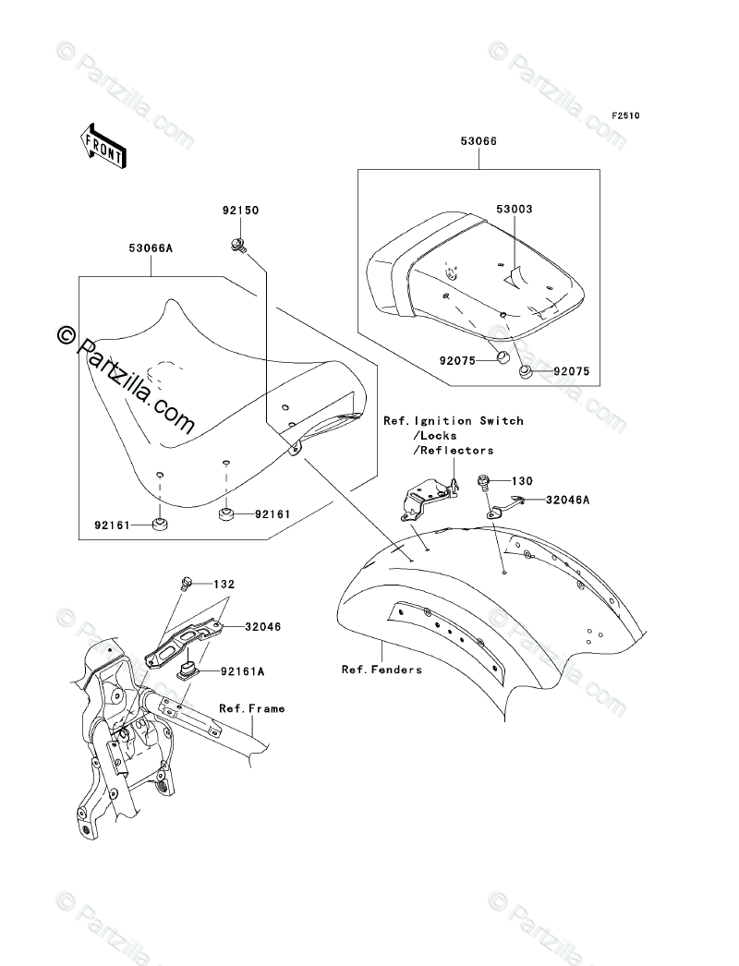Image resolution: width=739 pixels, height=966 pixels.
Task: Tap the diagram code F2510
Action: (x=625, y=115)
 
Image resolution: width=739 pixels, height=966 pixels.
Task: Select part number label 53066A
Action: (x=151, y=248)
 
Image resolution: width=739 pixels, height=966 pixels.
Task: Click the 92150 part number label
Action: (x=241, y=210)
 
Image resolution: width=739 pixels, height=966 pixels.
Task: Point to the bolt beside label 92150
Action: (x=238, y=246)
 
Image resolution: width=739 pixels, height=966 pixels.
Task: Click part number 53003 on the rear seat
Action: (x=515, y=209)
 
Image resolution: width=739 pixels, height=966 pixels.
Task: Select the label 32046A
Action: (x=568, y=500)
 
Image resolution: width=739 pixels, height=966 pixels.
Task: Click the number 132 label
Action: (x=224, y=584)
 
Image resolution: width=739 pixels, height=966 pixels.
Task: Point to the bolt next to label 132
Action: (x=187, y=583)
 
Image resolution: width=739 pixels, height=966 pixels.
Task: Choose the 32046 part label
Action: (x=262, y=626)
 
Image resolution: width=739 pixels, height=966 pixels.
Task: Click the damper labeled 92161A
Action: (x=188, y=670)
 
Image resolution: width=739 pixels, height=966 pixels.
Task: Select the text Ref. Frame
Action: (x=252, y=708)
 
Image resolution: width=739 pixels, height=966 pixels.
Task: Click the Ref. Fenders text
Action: (x=382, y=669)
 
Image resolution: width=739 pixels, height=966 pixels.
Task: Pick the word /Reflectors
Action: (x=454, y=451)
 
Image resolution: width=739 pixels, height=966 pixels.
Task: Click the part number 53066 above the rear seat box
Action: (x=479, y=141)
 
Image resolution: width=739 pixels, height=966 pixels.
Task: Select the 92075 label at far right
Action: (x=572, y=371)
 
